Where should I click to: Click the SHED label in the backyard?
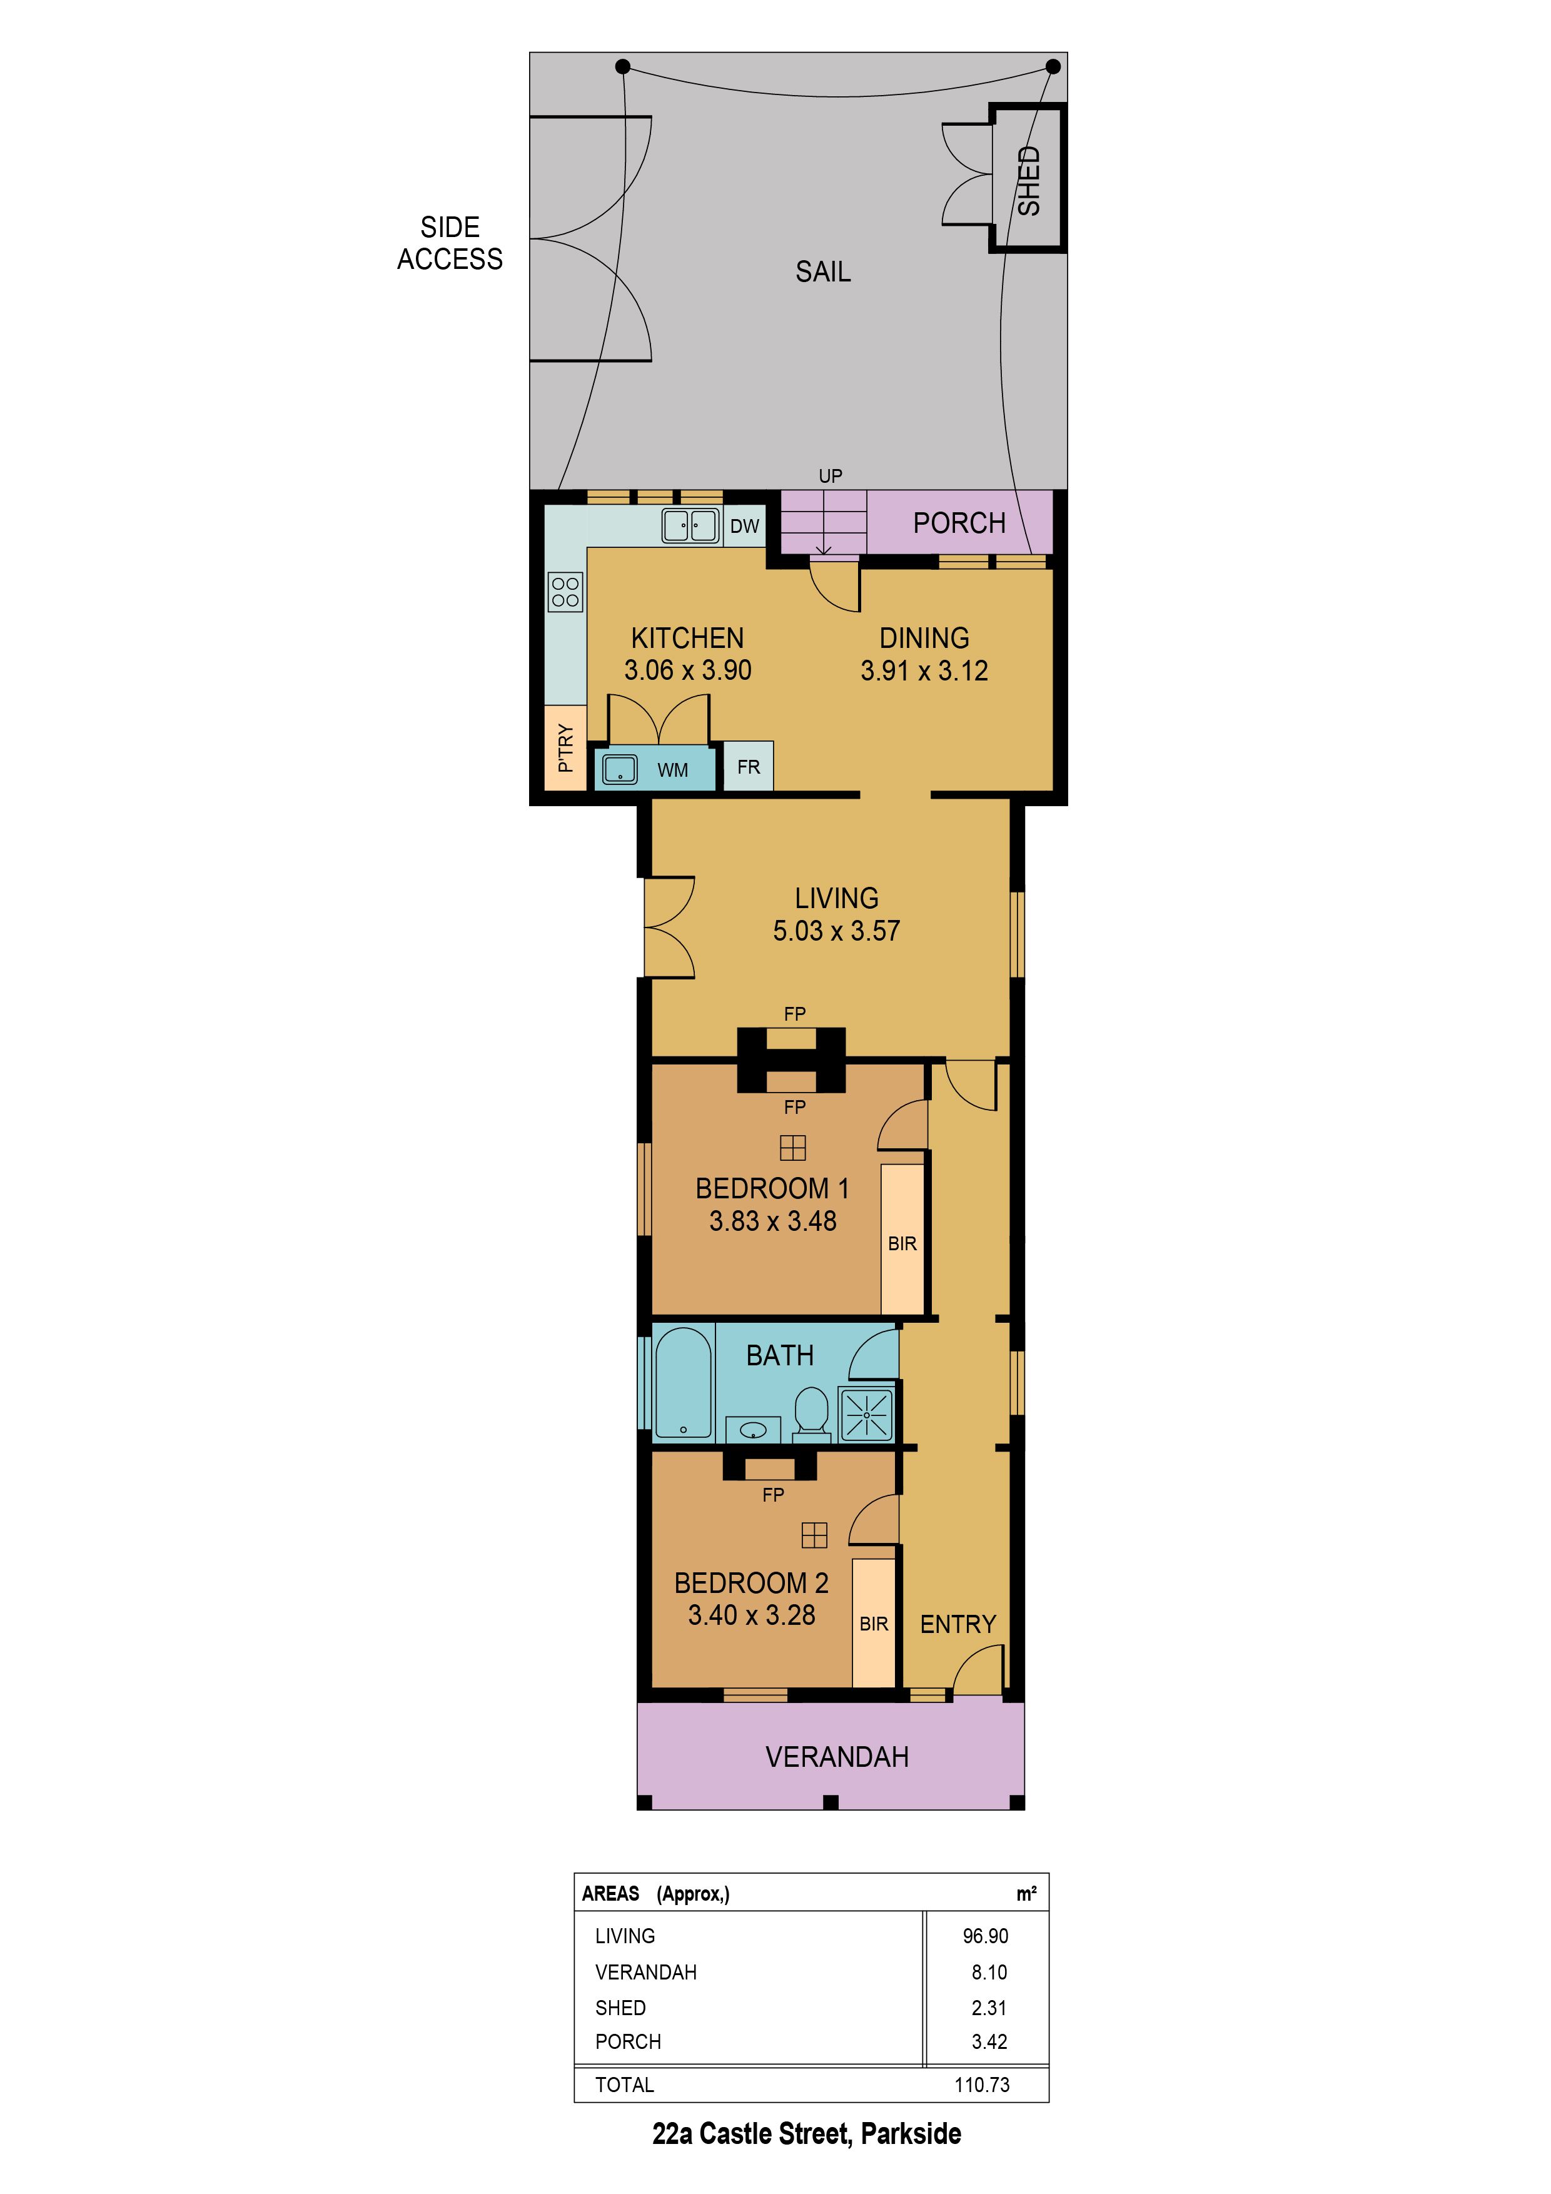point(1028,181)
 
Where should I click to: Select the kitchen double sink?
point(690,525)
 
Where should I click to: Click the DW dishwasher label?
point(744,525)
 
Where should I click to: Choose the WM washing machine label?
point(673,769)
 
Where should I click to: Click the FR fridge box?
point(748,766)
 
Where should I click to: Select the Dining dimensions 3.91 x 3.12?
point(924,671)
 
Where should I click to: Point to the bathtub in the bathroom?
point(684,1383)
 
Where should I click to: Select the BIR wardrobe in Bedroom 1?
point(902,1240)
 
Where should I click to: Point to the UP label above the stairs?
point(831,476)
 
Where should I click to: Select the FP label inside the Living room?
point(794,1014)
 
